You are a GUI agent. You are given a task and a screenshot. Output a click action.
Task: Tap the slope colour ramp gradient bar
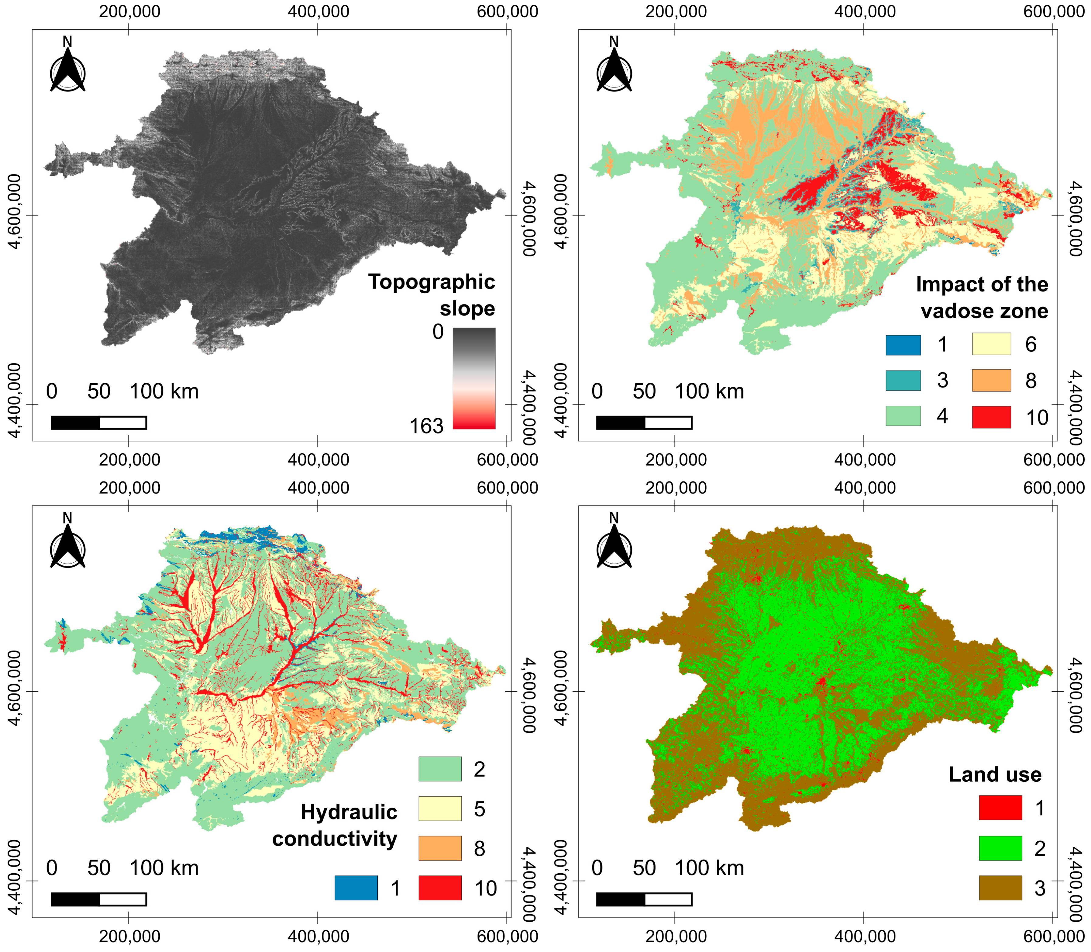[x=474, y=378]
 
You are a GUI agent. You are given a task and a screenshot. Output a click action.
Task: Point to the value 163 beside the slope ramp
[x=426, y=426]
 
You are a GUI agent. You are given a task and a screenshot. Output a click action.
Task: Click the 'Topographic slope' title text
[x=431, y=295]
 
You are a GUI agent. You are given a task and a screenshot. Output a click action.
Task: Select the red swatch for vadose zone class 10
[x=991, y=417]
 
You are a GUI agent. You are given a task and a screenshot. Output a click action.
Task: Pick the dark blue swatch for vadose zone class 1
[x=903, y=345]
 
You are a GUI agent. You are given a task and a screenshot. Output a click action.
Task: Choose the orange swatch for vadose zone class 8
[x=991, y=380]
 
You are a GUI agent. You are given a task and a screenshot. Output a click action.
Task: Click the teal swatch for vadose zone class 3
[x=903, y=380]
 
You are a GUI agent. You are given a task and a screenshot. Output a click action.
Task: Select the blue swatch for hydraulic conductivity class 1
[x=356, y=888]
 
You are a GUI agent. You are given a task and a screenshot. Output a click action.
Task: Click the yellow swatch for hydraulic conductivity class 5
[x=440, y=809]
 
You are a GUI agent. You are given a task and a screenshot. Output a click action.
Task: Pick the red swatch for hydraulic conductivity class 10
[x=440, y=888]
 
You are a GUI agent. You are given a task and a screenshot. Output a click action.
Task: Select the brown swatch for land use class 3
[x=1000, y=888]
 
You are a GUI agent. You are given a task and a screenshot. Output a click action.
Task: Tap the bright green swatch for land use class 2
[x=1000, y=848]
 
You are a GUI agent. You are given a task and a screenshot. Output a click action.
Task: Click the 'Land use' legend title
[x=995, y=774]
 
